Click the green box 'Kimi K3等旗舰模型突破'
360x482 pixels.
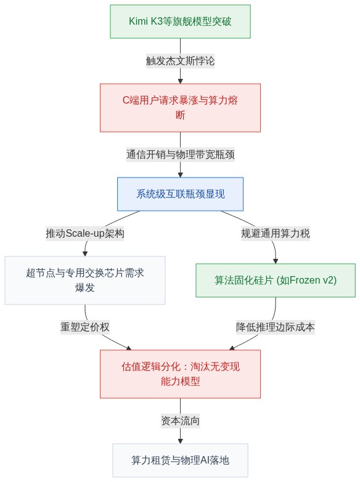(x=180, y=22)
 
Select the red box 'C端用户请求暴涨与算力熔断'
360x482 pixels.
(x=180, y=108)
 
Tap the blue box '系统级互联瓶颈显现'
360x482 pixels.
(x=180, y=194)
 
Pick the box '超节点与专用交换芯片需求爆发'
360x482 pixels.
(x=85, y=280)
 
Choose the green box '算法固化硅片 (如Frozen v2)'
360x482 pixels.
(x=276, y=280)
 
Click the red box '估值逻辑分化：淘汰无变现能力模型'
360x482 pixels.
(x=180, y=374)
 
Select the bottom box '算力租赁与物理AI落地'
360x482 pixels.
(x=180, y=460)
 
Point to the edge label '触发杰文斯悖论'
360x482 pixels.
(x=180, y=61)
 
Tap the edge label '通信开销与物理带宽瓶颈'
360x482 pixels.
(x=180, y=154)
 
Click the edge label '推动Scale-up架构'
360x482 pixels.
(x=85, y=234)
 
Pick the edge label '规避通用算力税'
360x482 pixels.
(x=276, y=234)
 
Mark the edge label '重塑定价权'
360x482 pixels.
(x=85, y=327)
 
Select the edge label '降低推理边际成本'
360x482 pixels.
(x=276, y=327)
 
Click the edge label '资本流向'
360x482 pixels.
(x=180, y=420)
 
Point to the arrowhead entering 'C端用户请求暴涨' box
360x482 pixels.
(x=180, y=81)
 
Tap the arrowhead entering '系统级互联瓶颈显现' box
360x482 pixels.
(x=180, y=175)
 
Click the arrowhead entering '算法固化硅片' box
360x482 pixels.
(x=276, y=261)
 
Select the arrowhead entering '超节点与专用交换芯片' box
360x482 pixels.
(x=85, y=254)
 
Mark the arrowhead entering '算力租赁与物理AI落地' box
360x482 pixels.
(x=180, y=441)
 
